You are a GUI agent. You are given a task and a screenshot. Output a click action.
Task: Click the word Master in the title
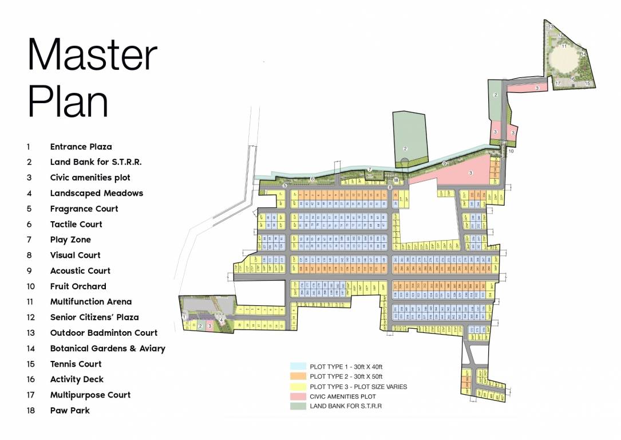tap(92, 56)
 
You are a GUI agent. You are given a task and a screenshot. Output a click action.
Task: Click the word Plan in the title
tap(68, 101)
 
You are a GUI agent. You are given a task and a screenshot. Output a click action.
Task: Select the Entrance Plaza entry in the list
tap(81, 147)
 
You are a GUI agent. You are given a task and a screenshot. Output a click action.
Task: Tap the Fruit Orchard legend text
tap(78, 286)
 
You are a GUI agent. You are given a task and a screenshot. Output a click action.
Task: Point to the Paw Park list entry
tap(70, 410)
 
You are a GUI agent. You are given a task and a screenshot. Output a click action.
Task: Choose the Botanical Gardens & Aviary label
tap(108, 348)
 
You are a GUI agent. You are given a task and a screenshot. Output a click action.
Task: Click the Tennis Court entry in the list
tap(76, 364)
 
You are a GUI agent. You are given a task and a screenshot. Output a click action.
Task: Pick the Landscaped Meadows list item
tap(96, 193)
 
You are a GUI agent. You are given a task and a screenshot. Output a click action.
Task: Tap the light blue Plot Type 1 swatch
tap(298, 366)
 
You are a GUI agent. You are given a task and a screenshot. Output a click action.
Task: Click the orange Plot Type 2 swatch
tap(298, 376)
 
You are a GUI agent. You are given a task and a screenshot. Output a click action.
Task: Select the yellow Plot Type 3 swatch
tap(298, 386)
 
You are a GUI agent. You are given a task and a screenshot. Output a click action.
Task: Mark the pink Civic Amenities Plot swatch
tap(298, 396)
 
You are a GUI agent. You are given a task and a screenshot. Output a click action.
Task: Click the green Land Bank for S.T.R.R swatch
tap(298, 406)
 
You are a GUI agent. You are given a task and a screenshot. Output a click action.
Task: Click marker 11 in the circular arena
tap(564, 46)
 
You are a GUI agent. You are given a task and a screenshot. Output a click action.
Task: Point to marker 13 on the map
tap(550, 27)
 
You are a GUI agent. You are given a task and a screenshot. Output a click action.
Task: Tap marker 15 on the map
tap(587, 84)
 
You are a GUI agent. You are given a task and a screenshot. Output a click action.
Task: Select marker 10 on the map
tap(511, 151)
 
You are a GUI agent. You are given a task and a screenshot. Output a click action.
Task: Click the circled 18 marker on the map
tap(395, 180)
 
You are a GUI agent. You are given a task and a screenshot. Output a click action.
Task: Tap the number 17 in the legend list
tap(29, 395)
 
